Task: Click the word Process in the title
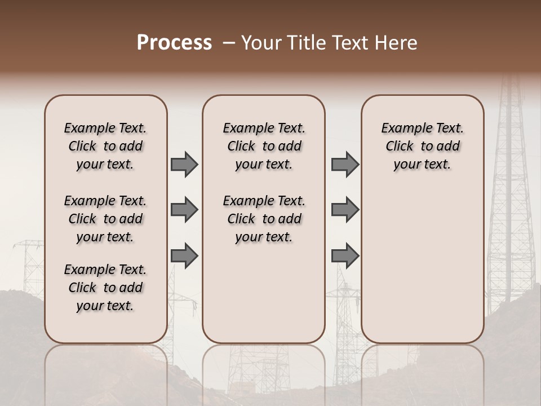tap(174, 43)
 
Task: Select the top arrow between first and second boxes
tap(184, 164)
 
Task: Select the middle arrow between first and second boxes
tap(184, 210)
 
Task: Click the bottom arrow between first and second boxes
tap(184, 256)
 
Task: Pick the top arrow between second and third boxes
tap(345, 164)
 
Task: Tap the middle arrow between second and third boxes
tap(345, 210)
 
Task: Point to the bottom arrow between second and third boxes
tap(345, 256)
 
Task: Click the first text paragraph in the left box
tap(105, 146)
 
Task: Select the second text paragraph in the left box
tap(105, 219)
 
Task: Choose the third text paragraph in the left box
tap(105, 288)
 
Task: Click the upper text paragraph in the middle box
tap(264, 146)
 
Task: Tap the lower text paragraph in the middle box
tap(264, 219)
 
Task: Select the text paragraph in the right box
tap(422, 146)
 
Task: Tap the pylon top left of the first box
tap(28, 259)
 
